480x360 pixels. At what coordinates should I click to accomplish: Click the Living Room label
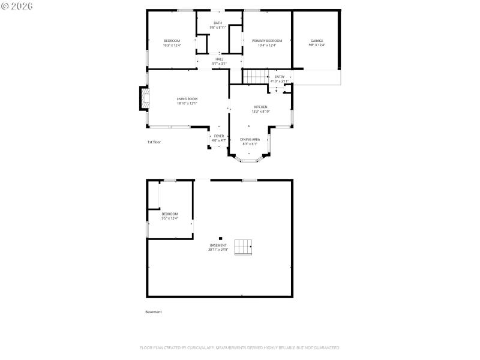click(187, 101)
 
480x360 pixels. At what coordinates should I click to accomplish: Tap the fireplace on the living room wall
click(143, 99)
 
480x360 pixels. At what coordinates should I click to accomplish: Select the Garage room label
click(316, 43)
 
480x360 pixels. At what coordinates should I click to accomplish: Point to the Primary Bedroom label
click(266, 43)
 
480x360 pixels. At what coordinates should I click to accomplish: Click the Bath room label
click(217, 25)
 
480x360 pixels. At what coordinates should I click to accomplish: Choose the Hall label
click(219, 61)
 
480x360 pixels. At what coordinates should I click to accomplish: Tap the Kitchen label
click(260, 109)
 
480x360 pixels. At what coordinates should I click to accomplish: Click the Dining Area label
click(250, 142)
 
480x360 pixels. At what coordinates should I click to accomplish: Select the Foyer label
click(219, 138)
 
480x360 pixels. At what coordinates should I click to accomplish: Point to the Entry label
click(280, 79)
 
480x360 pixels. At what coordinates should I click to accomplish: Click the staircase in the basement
click(243, 247)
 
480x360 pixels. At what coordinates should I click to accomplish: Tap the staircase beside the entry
click(254, 77)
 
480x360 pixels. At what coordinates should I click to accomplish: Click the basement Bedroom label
click(170, 216)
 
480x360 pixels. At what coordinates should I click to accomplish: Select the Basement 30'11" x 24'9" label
click(218, 247)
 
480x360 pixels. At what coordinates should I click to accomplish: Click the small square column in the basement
click(220, 238)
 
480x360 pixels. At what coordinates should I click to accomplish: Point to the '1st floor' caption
click(154, 142)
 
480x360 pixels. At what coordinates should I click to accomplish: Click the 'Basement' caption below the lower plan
click(154, 312)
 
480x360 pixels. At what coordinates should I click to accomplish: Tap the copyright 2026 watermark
click(17, 5)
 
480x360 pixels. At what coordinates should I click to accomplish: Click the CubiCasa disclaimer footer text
click(240, 348)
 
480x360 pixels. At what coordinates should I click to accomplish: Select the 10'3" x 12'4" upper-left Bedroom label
click(172, 43)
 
